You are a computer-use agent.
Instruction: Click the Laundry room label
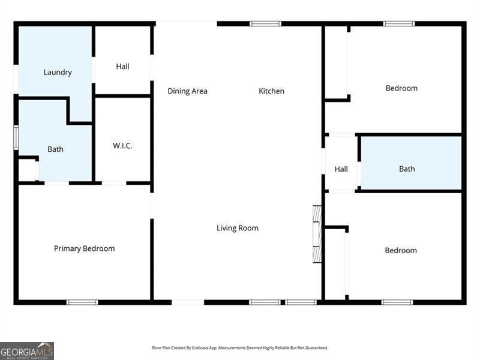[x=58, y=72]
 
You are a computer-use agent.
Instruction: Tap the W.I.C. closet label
[x=122, y=146]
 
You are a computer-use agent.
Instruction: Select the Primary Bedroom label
[x=84, y=248]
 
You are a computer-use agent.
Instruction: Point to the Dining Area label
[x=187, y=91]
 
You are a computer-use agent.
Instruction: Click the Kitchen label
[x=272, y=91]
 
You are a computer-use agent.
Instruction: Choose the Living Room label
[x=238, y=228]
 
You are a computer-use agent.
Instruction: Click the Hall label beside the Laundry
[x=122, y=67]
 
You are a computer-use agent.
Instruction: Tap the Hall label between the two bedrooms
[x=341, y=169]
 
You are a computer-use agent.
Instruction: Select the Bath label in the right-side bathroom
[x=407, y=169]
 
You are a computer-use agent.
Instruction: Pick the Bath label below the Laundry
[x=55, y=149]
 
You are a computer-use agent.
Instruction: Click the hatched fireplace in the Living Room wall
[x=317, y=234]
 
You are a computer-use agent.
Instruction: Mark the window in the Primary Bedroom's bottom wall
[x=82, y=302]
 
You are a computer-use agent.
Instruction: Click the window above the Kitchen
[x=265, y=23]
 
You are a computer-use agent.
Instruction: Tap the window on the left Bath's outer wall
[x=16, y=138]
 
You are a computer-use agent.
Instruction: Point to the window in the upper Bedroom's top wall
[x=399, y=23]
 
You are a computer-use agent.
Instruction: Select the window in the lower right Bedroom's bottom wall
[x=397, y=302]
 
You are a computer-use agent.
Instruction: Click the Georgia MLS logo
[x=27, y=351]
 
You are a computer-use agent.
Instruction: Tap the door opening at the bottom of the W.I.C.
[x=114, y=183]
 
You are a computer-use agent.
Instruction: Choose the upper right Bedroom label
[x=401, y=88]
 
